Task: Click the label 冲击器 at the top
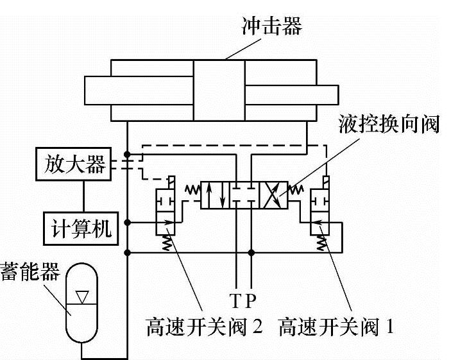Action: point(271,27)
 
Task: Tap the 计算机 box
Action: point(81,227)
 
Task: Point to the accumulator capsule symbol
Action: point(81,302)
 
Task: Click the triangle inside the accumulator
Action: point(81,296)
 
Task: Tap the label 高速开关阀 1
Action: point(336,327)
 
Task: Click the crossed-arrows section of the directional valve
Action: point(275,194)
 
